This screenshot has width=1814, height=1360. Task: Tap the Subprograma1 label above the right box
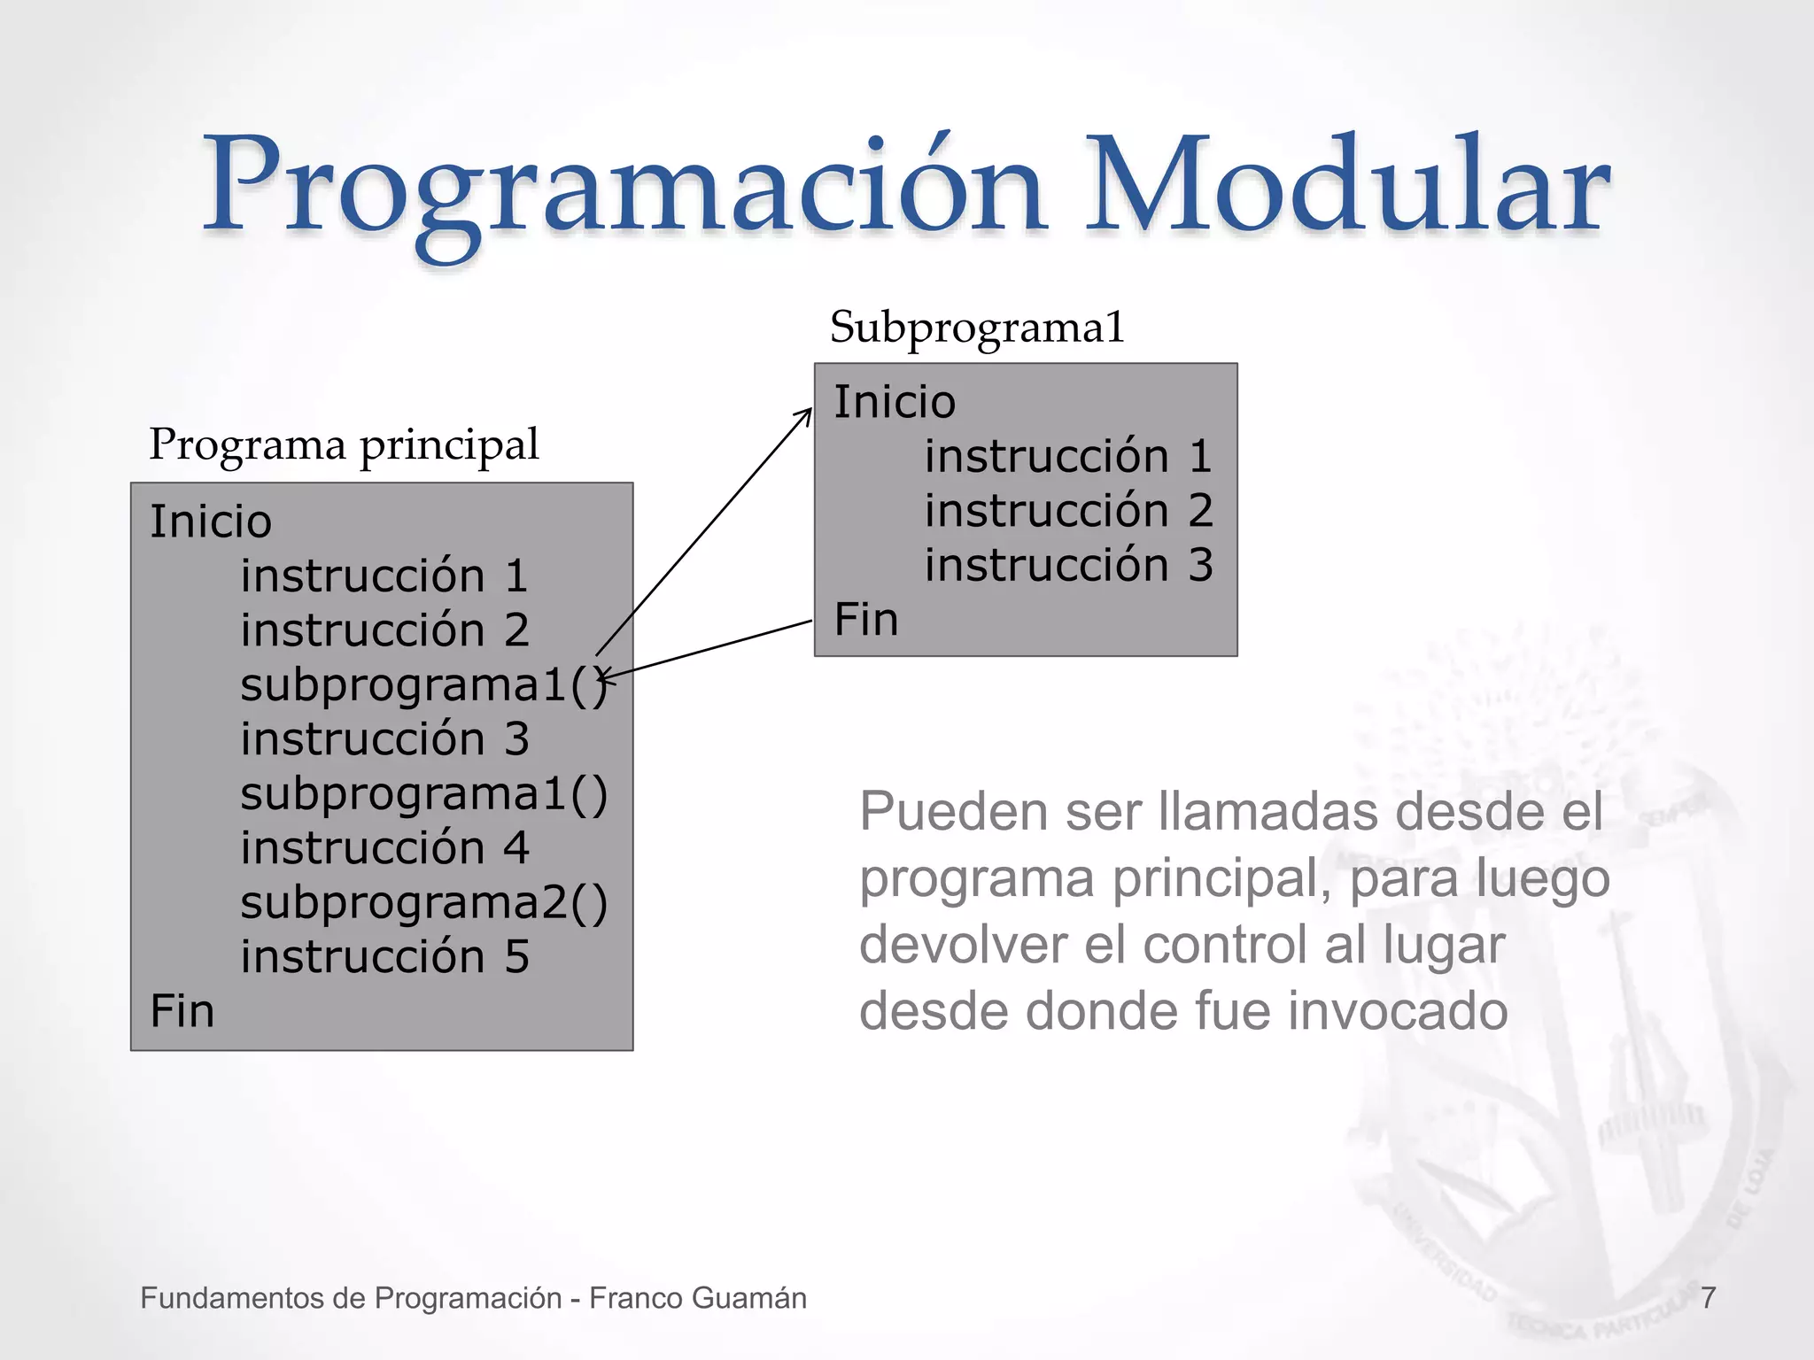click(977, 328)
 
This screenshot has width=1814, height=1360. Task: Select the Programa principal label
click(344, 444)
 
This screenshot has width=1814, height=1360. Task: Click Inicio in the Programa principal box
click(210, 521)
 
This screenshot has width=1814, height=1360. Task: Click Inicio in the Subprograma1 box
click(895, 402)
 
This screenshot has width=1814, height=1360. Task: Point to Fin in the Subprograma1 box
click(866, 619)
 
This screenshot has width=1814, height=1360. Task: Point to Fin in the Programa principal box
click(182, 1010)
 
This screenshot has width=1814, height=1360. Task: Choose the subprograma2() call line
click(424, 903)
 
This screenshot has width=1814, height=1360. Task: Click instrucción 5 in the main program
click(384, 957)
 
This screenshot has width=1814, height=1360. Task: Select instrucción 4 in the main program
click(384, 848)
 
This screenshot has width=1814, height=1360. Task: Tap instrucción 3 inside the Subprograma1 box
click(1068, 565)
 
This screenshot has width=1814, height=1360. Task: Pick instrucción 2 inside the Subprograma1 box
click(1068, 511)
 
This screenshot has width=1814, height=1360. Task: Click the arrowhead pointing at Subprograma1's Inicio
click(806, 414)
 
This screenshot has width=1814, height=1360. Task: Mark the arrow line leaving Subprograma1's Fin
click(709, 650)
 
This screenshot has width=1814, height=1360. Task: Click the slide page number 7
click(1709, 1298)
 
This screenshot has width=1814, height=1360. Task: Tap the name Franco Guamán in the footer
click(697, 1298)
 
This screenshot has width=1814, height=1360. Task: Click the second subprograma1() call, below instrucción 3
click(424, 794)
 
